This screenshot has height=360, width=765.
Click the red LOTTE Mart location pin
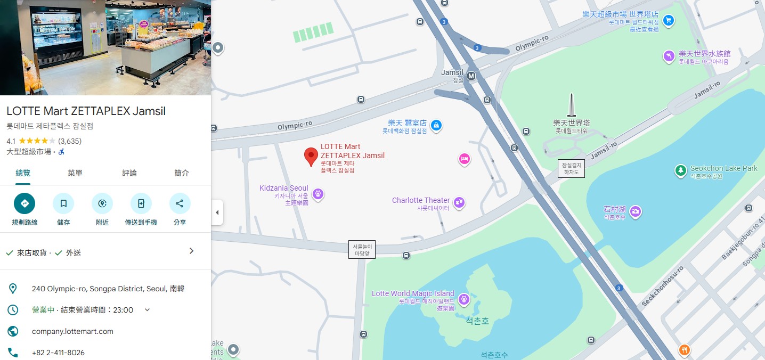[311, 157]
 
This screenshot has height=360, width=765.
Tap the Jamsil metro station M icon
[471, 76]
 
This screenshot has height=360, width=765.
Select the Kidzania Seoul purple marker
[318, 194]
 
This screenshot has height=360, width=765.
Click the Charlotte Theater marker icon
[459, 202]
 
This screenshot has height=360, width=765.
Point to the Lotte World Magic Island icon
[463, 299]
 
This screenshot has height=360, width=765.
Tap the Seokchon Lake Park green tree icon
[680, 170]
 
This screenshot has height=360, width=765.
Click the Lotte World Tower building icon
[571, 105]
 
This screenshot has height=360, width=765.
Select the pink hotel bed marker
[464, 159]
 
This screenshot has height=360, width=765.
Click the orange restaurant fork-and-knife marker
[685, 350]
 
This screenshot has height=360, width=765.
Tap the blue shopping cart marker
[669, 21]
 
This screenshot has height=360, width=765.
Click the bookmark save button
[63, 203]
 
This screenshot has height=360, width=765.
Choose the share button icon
[180, 203]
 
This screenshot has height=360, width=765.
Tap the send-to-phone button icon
[141, 203]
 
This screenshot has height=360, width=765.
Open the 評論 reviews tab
[129, 173]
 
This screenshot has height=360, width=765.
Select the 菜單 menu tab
[75, 173]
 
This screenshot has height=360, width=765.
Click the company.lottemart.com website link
[72, 331]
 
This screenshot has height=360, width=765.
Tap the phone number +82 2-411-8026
[58, 353]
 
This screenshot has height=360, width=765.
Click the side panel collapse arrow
[217, 212]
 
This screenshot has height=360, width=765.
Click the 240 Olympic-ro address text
[108, 289]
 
